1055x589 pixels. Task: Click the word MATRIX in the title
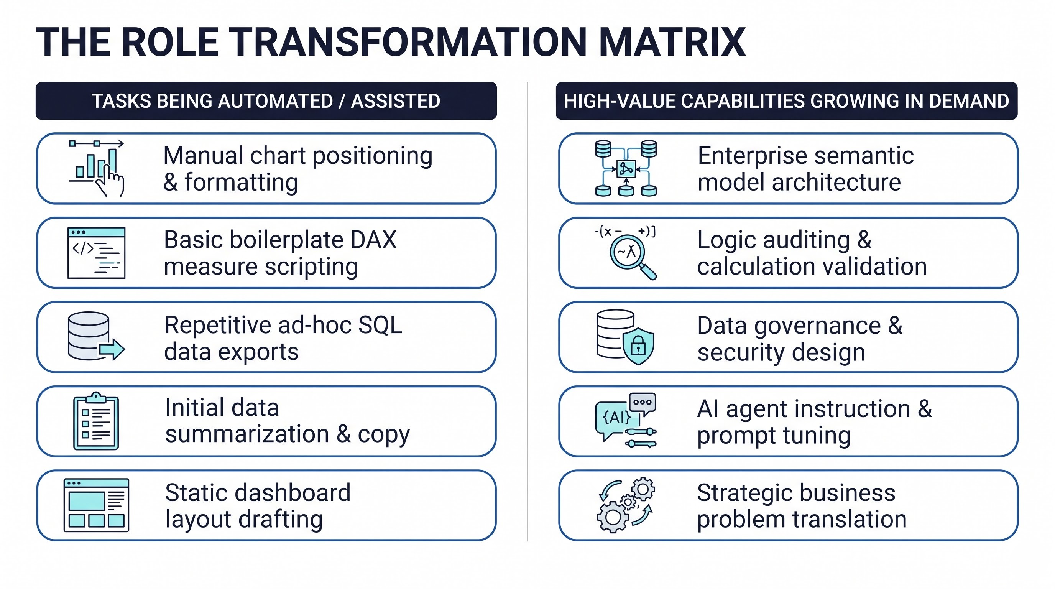point(672,42)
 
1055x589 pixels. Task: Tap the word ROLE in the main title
point(170,42)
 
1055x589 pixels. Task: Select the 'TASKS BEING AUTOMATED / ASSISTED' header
point(266,101)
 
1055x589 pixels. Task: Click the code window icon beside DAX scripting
point(96,253)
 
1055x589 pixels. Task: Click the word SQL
point(380,325)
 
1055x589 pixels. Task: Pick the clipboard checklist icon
point(96,421)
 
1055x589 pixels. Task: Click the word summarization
point(247,434)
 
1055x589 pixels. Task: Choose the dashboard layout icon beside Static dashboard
point(96,505)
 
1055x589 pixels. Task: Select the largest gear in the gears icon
point(613,517)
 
